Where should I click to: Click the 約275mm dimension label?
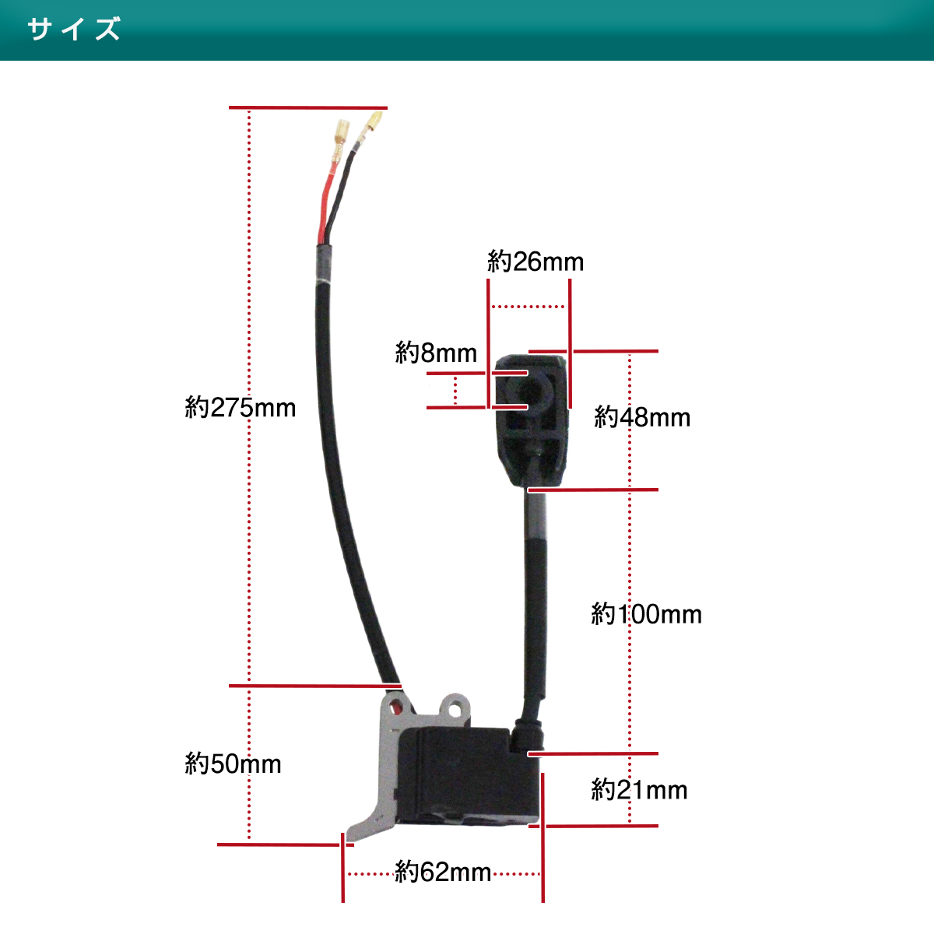[x=240, y=407]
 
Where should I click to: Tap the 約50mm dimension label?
[x=233, y=764]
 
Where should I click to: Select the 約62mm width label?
[x=443, y=872]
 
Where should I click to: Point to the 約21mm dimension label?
[x=639, y=789]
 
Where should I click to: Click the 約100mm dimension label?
[x=646, y=613]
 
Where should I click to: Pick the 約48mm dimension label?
[x=641, y=416]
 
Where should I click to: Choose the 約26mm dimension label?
[x=535, y=262]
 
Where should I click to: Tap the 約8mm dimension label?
[x=436, y=352]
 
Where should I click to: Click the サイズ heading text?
[x=74, y=29]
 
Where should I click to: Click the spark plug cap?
[x=532, y=420]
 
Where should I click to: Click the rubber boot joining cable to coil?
[x=527, y=734]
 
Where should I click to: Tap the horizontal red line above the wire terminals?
[x=308, y=107]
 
